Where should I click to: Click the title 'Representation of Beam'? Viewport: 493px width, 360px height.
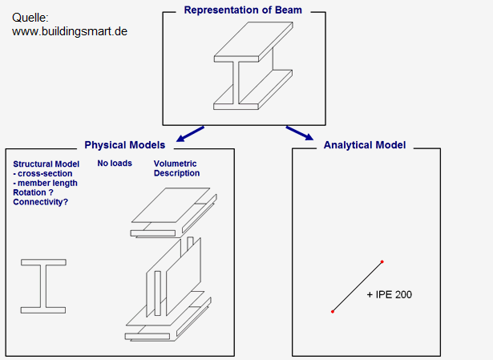coord(243,10)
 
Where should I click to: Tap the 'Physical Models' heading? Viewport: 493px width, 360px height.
coord(125,145)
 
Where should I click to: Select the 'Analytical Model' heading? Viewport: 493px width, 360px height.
coord(365,145)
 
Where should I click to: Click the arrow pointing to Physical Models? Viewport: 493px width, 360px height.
coord(190,134)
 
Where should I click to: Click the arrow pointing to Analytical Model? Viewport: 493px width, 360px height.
coord(300,133)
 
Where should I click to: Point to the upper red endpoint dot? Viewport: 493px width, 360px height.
coord(382,261)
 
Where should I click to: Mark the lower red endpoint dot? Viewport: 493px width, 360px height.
coord(333,312)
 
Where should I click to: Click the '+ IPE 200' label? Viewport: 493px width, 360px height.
coord(390,294)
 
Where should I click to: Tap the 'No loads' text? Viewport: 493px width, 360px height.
coord(115,164)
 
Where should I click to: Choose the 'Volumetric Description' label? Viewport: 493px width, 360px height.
coord(176,168)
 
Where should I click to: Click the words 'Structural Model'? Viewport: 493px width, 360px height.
coord(46,164)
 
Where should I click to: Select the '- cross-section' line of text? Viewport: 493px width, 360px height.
coord(42,173)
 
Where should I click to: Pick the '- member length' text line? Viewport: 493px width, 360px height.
coord(45,183)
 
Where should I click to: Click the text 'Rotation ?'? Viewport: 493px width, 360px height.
coord(33,192)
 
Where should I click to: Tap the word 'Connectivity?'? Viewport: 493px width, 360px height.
coord(40,202)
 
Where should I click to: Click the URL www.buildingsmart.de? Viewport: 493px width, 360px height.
coord(70,31)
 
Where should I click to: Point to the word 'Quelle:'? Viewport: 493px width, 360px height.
coord(30,18)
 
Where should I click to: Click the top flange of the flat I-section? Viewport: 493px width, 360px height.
coord(43,262)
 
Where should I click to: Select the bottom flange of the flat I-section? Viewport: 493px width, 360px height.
coord(43,310)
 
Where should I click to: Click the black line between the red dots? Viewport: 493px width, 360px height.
coord(358,287)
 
